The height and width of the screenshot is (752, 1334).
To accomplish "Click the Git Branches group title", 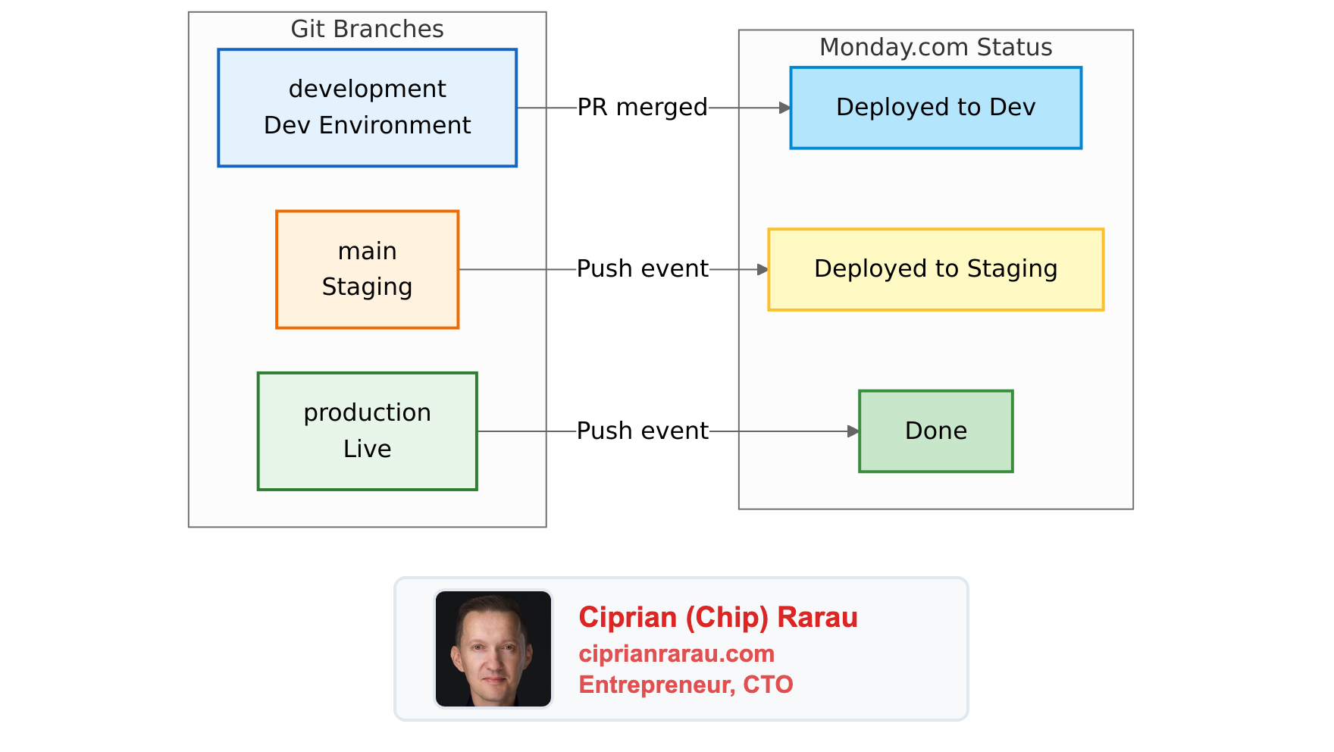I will (x=367, y=29).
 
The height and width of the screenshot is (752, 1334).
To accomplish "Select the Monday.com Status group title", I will (x=935, y=47).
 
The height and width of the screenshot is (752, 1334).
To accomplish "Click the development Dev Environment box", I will (x=367, y=108).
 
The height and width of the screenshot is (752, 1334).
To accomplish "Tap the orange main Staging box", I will (x=367, y=269).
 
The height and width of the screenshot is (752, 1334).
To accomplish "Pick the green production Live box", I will (x=367, y=431).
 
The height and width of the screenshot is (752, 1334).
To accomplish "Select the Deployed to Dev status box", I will (x=935, y=108).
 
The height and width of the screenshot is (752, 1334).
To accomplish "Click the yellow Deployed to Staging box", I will (x=935, y=269).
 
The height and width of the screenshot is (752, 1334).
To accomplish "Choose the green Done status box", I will (x=935, y=431).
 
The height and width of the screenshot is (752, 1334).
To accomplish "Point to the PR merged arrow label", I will (x=642, y=108).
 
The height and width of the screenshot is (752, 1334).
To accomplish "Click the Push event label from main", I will (x=642, y=268).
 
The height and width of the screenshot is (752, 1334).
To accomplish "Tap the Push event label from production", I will (x=642, y=431).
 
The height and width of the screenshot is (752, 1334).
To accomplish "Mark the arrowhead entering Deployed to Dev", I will (x=785, y=108).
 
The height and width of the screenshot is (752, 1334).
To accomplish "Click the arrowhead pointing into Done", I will (x=853, y=431).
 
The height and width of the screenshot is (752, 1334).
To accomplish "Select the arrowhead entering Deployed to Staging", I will (x=763, y=269).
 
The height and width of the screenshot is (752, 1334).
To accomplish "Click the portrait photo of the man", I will (x=493, y=649).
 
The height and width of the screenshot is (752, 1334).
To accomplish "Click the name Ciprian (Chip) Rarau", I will (x=717, y=617).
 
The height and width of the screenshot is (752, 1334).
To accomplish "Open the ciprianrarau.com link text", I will (x=676, y=653).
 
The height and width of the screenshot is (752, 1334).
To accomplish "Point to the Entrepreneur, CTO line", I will (x=685, y=685).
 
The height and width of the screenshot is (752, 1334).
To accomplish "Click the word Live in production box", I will (x=367, y=449).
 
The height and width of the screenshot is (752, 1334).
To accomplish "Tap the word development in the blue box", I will (x=367, y=89).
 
